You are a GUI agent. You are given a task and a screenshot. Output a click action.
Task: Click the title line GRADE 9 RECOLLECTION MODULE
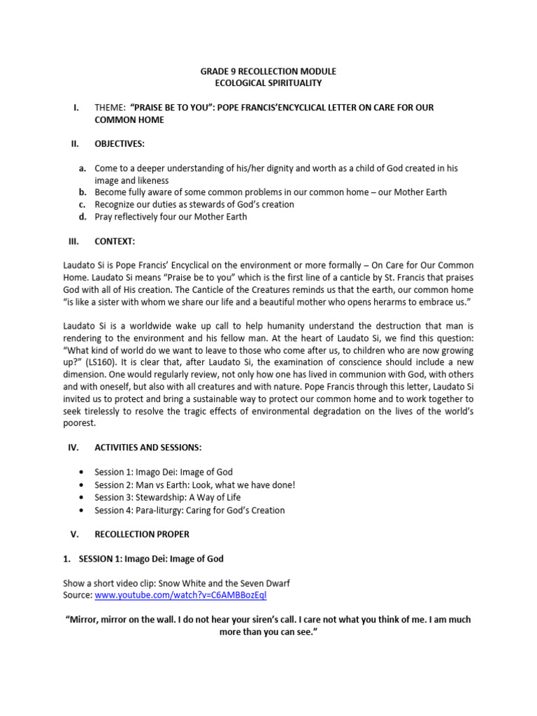point(268,72)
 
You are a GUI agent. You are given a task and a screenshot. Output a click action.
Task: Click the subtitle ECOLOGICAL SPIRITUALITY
point(268,83)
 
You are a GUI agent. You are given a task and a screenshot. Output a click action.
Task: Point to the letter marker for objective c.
point(82,204)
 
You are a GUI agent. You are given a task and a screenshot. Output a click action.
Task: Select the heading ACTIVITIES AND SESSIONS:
point(150,447)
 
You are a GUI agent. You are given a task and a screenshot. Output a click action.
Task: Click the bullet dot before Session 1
point(84,472)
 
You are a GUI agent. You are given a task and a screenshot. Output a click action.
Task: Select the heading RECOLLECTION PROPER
point(142,534)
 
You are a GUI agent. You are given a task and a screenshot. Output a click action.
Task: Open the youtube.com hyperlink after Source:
point(191,595)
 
